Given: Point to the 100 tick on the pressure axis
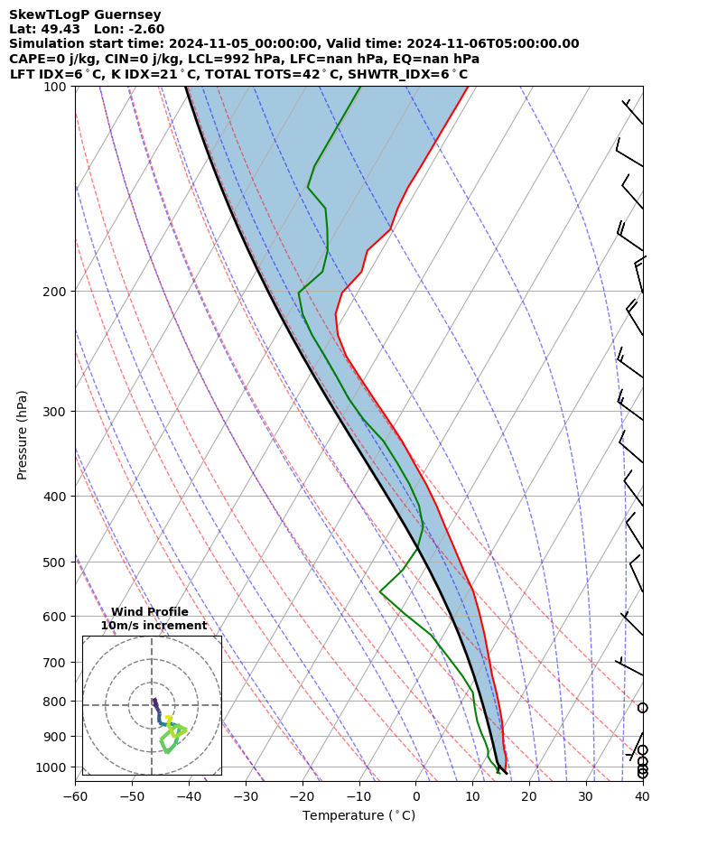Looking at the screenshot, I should [x=55, y=87].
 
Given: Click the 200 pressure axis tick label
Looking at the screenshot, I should [x=55, y=292].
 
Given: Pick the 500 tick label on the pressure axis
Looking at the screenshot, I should [x=55, y=562].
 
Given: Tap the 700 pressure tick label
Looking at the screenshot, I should [x=55, y=663].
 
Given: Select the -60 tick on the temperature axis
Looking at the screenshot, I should [x=75, y=796].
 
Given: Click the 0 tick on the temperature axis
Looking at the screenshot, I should [x=416, y=796].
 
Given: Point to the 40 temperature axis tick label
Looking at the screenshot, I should [x=642, y=796].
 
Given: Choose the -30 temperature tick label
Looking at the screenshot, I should [x=246, y=796].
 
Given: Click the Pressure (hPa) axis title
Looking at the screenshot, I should [x=23, y=434].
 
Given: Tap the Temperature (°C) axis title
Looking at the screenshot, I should [x=358, y=816].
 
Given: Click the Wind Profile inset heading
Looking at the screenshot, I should [x=150, y=612].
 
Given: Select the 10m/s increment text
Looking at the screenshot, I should [x=154, y=626].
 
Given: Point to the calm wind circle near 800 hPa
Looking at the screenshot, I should [x=642, y=708].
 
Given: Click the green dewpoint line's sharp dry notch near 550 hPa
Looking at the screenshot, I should [x=380, y=591].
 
